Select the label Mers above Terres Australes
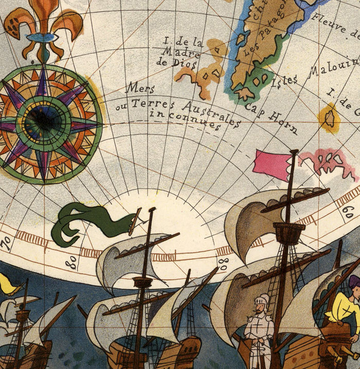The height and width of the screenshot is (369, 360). click(140, 88)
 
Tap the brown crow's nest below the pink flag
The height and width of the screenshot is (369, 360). click(289, 232)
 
